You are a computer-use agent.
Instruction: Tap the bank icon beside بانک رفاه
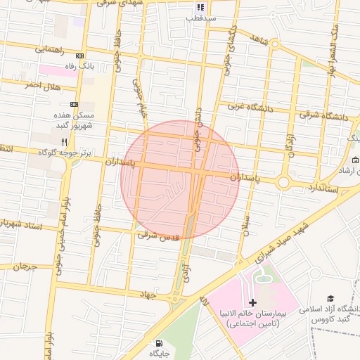pyautogui.click(x=79, y=56)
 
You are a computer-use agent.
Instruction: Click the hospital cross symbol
pyautogui.click(x=253, y=302)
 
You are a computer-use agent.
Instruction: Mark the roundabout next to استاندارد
pyautogui.click(x=283, y=182)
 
